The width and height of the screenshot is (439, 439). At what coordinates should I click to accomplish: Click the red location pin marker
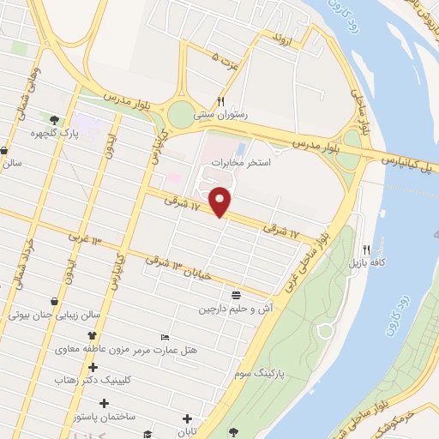pyautogui.click(x=221, y=201)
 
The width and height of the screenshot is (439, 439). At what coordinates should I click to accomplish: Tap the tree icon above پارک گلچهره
pyautogui.click(x=55, y=120)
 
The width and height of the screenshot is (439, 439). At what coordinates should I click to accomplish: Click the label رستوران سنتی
pyautogui.click(x=219, y=113)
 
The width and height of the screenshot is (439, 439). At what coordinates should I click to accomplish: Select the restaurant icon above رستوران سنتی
pyautogui.click(x=221, y=100)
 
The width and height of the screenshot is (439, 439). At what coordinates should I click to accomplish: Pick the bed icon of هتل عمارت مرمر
pyautogui.click(x=165, y=337)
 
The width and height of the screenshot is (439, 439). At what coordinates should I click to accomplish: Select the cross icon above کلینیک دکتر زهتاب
pyautogui.click(x=92, y=367)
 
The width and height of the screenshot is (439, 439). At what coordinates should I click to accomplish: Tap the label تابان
pyautogui.click(x=188, y=431)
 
